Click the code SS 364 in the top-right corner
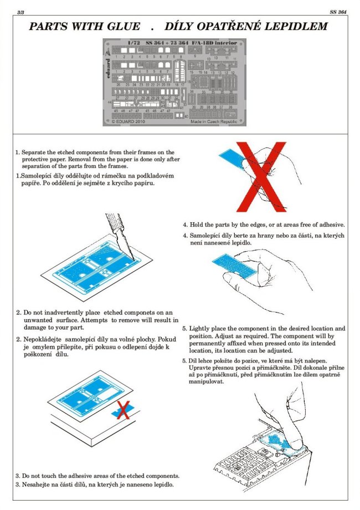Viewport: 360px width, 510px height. click(338, 11)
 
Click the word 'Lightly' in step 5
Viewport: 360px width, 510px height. click(203, 329)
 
